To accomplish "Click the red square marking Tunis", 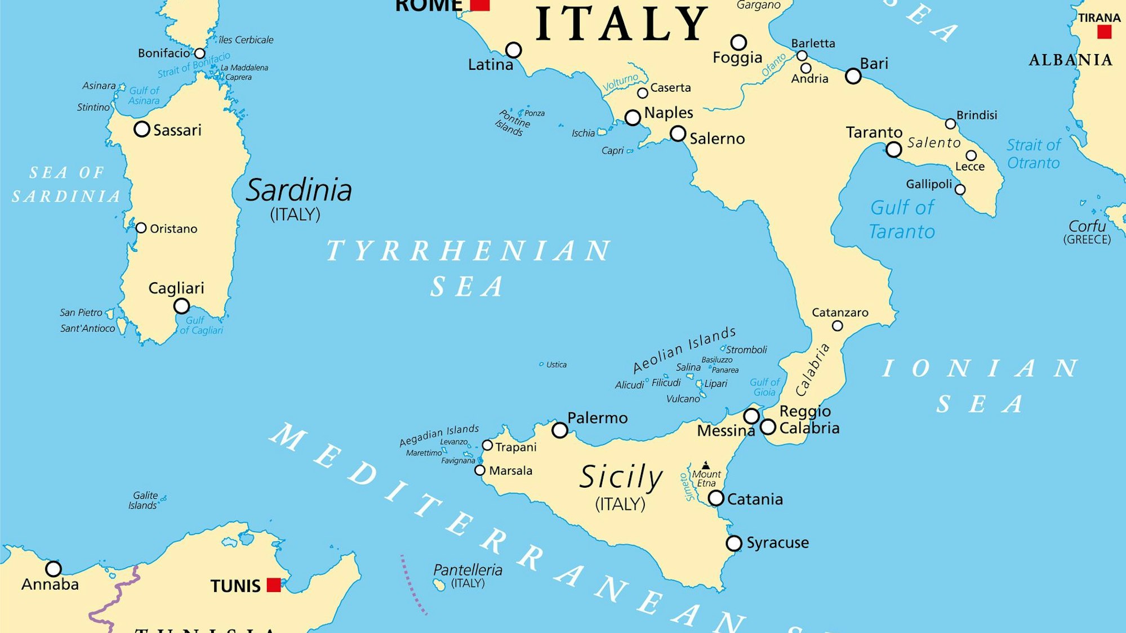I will click(x=274, y=585).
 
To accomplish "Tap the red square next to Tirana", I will click(x=1104, y=32).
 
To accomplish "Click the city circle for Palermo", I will click(x=559, y=430).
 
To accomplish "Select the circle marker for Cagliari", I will click(x=181, y=306).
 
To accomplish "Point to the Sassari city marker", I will click(x=142, y=130).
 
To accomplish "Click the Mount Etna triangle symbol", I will click(x=706, y=465).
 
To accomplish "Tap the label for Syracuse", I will click(x=777, y=543).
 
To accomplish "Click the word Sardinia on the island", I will click(x=299, y=190).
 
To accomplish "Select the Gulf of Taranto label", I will click(x=902, y=220).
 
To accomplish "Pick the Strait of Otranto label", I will click(x=1034, y=154).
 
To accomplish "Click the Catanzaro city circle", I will click(x=838, y=326).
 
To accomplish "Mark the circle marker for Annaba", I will click(x=54, y=569).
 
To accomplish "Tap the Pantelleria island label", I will click(x=468, y=570).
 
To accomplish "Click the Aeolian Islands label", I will click(x=684, y=350).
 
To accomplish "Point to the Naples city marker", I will click(x=633, y=118).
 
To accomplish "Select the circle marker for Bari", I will click(x=853, y=76).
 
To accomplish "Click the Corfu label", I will click(x=1087, y=226).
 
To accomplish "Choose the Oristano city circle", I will click(x=141, y=228).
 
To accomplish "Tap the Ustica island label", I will click(x=556, y=365).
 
